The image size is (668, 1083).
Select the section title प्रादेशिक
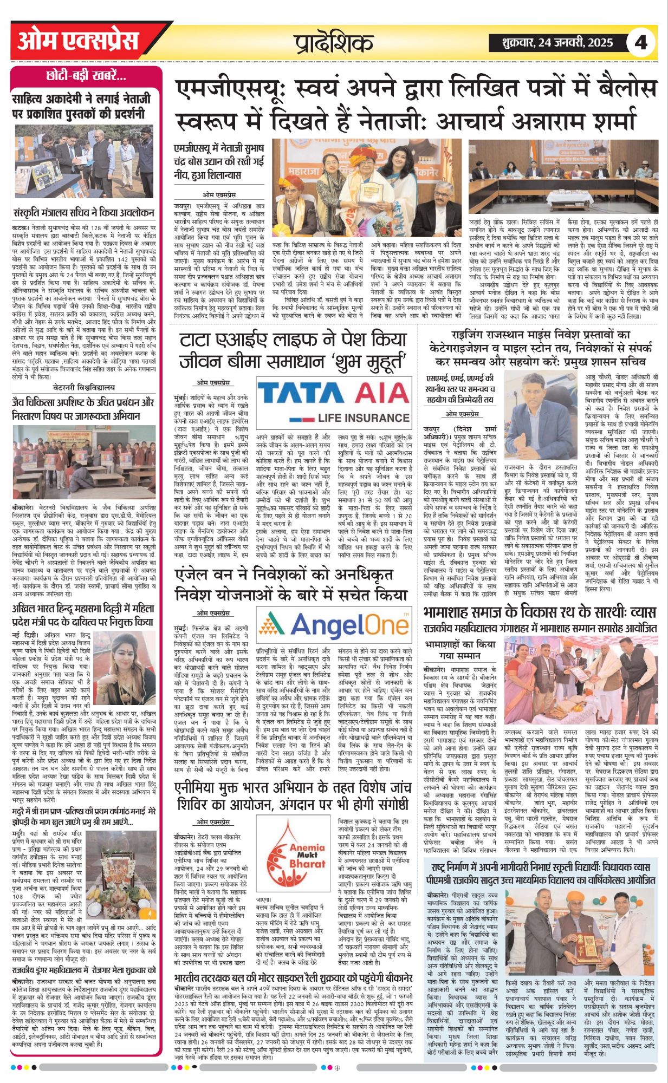[x=334, y=43]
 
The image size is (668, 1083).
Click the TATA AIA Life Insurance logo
[x=333, y=401]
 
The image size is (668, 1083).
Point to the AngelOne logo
[x=333, y=627]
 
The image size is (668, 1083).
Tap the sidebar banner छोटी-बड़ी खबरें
[x=86, y=76]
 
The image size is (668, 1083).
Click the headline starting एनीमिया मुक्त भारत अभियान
[x=293, y=796]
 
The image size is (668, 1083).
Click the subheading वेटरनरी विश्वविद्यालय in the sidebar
[x=84, y=388]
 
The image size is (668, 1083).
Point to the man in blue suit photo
[x=541, y=414]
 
